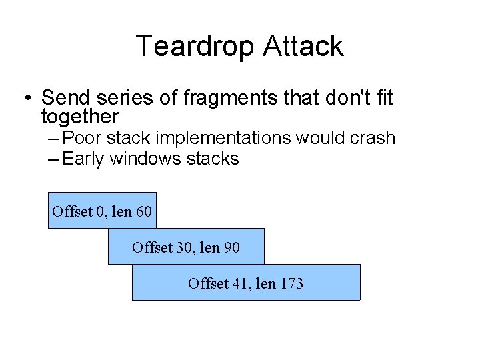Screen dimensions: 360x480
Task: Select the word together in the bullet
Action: click(x=80, y=117)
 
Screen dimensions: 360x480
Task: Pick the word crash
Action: click(x=371, y=139)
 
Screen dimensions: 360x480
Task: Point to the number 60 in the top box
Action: click(x=143, y=213)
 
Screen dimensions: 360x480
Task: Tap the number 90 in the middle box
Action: click(x=231, y=248)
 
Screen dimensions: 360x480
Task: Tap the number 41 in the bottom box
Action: click(x=239, y=284)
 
